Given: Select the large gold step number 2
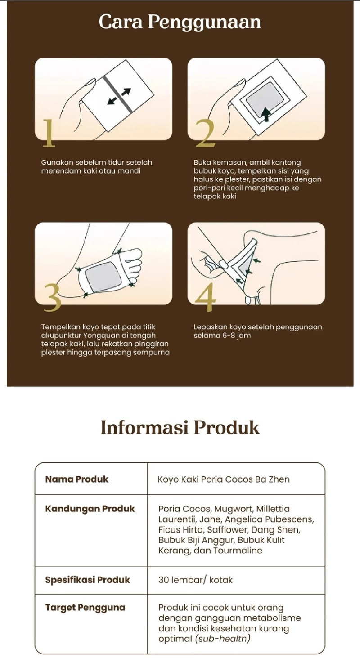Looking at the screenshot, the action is pyautogui.click(x=205, y=133).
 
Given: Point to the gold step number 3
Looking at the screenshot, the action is pyautogui.click(x=53, y=297).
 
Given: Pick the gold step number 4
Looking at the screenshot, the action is pyautogui.click(x=206, y=297).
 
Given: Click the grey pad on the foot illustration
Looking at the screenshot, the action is pyautogui.click(x=103, y=277).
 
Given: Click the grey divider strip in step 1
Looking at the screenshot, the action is pyautogui.click(x=118, y=94).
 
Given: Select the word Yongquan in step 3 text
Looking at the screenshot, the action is pyautogui.click(x=98, y=335).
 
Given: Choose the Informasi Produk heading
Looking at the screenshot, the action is pyautogui.click(x=180, y=427).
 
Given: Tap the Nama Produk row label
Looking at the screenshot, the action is pyautogui.click(x=76, y=479).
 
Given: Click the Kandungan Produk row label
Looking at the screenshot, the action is pyautogui.click(x=90, y=509).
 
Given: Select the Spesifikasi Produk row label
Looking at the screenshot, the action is pyautogui.click(x=88, y=580).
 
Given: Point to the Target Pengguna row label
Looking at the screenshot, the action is pyautogui.click(x=85, y=608).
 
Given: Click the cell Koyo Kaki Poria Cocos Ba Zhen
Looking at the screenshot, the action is pyautogui.click(x=224, y=479).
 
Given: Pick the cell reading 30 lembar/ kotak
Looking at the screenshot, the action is pyautogui.click(x=195, y=580).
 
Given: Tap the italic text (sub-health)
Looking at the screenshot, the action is pyautogui.click(x=223, y=639).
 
